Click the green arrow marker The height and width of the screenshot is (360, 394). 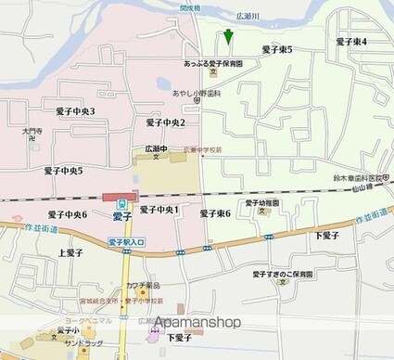(x=227, y=37)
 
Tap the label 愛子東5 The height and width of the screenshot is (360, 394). (x=276, y=50)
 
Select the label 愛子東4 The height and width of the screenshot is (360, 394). (x=350, y=42)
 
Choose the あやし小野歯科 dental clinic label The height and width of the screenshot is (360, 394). (x=193, y=94)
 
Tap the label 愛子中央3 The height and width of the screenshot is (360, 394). (x=75, y=111)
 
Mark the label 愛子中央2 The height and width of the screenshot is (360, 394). (x=166, y=122)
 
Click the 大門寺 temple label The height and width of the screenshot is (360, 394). (x=32, y=133)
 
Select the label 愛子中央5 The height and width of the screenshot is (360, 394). (x=63, y=171)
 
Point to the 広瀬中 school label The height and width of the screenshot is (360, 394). (x=156, y=148)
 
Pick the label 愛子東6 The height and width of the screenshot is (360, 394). (x=214, y=213)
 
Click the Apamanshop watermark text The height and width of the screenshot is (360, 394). (x=197, y=322)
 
